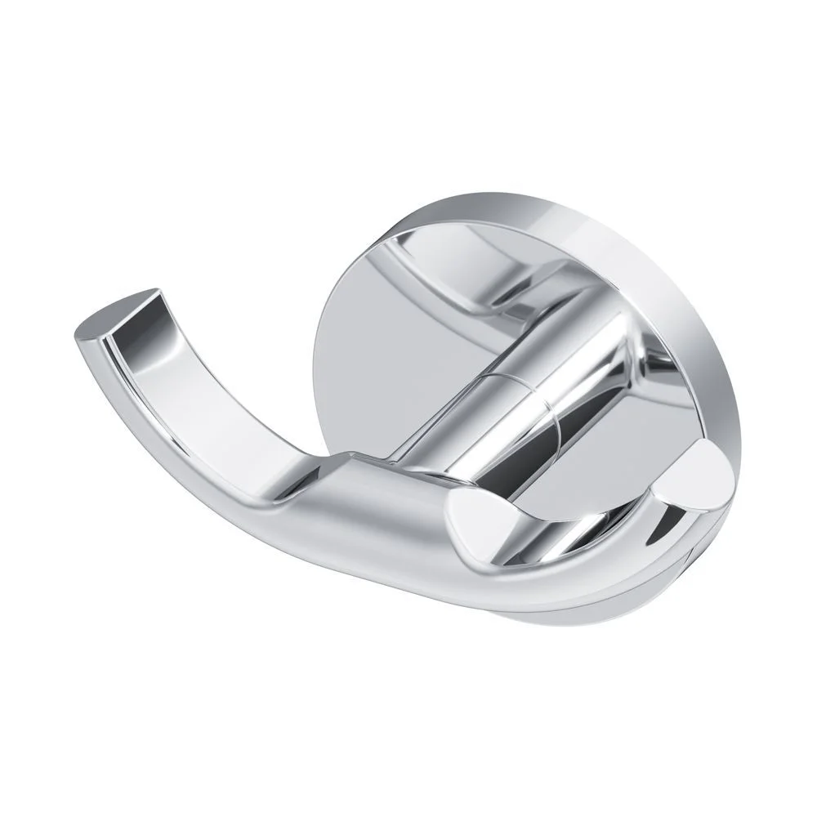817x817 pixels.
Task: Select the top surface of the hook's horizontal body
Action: tap(392, 490)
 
